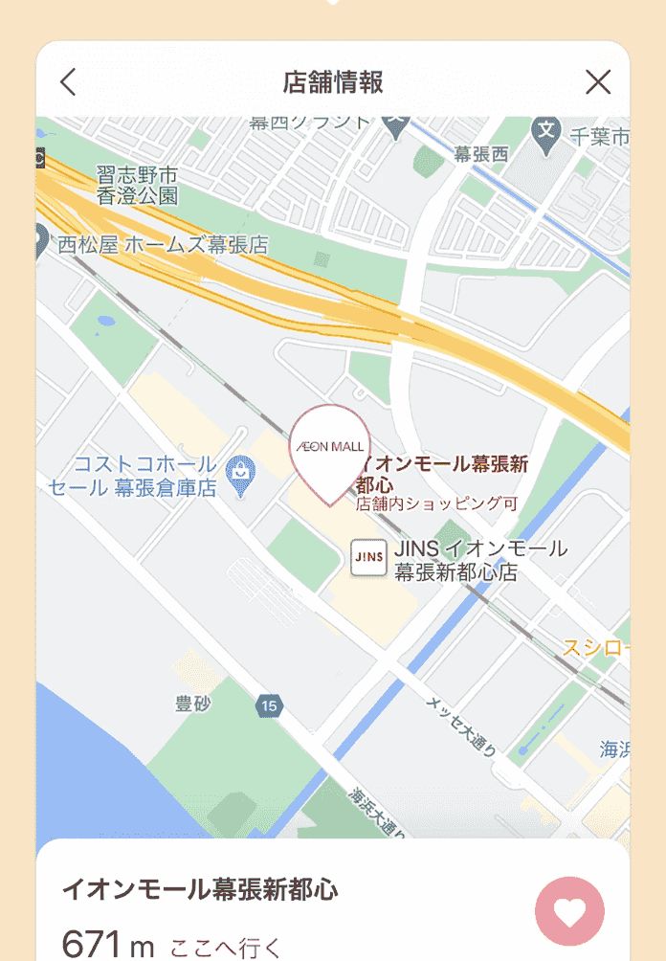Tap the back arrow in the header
click(67, 82)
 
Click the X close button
click(598, 82)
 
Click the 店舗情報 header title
click(333, 82)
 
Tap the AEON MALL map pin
click(327, 451)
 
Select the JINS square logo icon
click(368, 556)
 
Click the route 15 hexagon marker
click(270, 706)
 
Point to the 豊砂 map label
click(193, 704)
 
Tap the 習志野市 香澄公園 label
click(138, 186)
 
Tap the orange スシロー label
click(595, 648)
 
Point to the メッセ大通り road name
click(460, 726)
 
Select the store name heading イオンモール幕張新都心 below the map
click(200, 889)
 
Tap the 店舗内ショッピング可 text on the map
click(435, 503)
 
